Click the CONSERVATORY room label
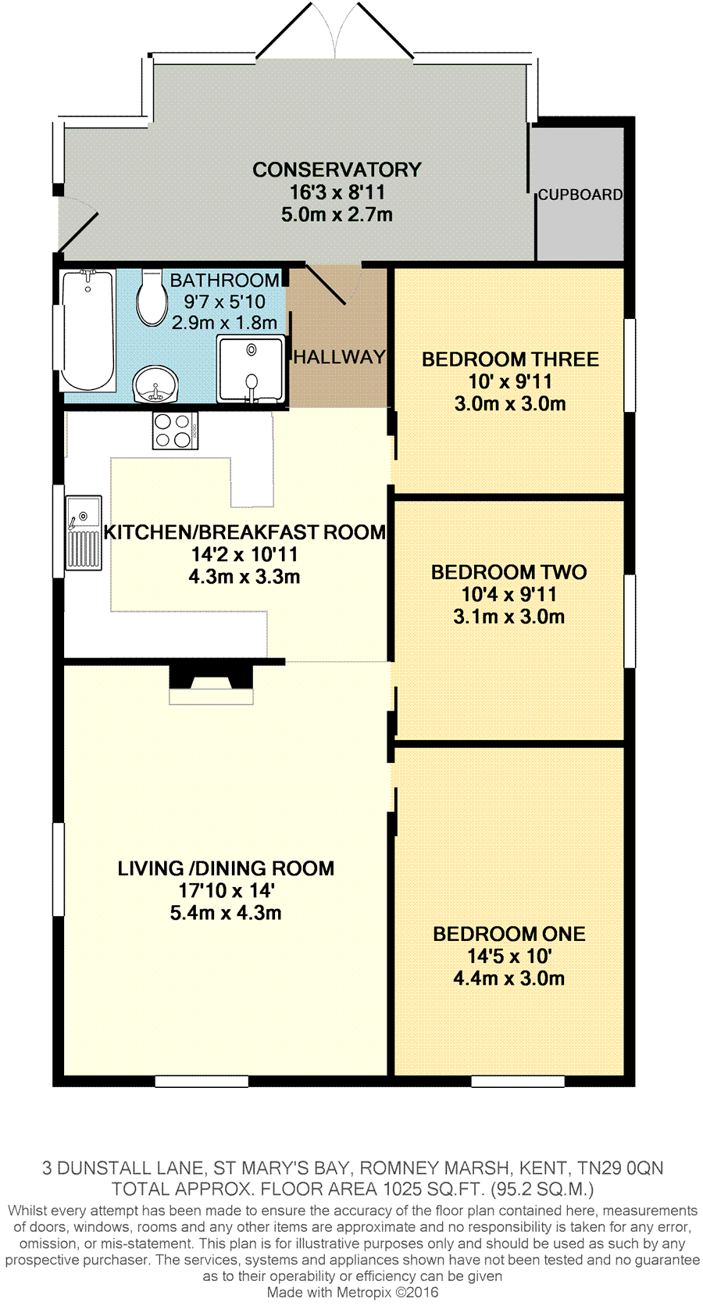(337, 170)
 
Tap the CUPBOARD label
(580, 195)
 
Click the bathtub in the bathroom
(88, 330)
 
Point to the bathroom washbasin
(155, 385)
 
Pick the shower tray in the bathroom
(252, 368)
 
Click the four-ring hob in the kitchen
(175, 431)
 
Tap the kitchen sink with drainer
(84, 533)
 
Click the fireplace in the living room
(211, 685)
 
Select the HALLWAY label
(339, 357)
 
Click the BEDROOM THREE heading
(510, 360)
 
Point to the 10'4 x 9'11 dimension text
(509, 595)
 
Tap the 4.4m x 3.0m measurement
(509, 979)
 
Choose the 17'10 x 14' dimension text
(227, 891)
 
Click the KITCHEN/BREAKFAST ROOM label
(244, 532)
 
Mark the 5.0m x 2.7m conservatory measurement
(337, 215)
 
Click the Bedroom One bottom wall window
(518, 1082)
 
